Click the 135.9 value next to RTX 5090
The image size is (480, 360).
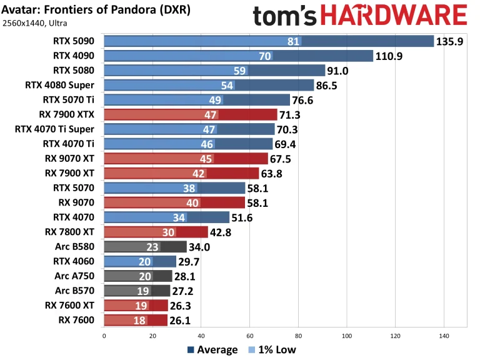click(451, 42)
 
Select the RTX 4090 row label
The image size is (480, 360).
click(73, 56)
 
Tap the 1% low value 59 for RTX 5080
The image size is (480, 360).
click(239, 71)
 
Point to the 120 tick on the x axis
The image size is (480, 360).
click(395, 335)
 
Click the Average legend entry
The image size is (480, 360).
click(212, 349)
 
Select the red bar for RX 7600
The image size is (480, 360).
click(135, 320)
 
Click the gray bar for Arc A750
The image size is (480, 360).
click(137, 276)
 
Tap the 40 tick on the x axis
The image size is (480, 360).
click(201, 335)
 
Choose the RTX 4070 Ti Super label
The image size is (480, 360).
click(54, 129)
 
